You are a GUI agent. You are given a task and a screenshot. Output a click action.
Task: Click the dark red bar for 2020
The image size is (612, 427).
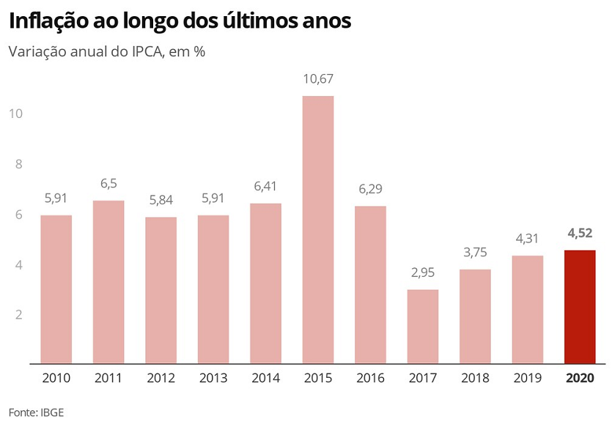click(580, 306)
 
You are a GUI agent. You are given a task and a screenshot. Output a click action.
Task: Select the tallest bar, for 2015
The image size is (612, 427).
click(318, 229)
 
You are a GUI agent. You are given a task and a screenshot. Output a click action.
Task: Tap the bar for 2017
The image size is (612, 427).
click(423, 326)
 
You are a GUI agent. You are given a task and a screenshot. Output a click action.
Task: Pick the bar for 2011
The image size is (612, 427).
click(108, 281)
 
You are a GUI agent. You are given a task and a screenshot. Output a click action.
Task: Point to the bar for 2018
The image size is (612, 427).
click(475, 316)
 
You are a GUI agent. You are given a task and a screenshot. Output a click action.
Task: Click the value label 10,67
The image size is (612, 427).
click(318, 79)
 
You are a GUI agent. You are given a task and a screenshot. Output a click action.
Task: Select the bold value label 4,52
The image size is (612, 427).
click(580, 234)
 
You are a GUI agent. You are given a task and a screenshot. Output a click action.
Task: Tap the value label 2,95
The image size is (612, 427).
click(423, 272)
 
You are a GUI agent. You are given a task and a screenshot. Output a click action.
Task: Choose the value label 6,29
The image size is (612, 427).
click(370, 189)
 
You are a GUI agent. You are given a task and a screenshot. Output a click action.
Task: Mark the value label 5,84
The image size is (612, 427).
click(161, 200)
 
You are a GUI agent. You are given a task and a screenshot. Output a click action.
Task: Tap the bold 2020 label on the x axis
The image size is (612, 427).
click(580, 378)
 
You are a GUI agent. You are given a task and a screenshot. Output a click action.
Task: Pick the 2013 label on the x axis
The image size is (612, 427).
click(213, 378)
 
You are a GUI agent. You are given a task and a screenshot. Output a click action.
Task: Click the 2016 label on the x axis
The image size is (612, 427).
click(370, 378)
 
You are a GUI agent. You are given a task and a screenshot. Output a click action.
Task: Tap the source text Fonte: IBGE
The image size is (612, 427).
click(37, 412)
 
